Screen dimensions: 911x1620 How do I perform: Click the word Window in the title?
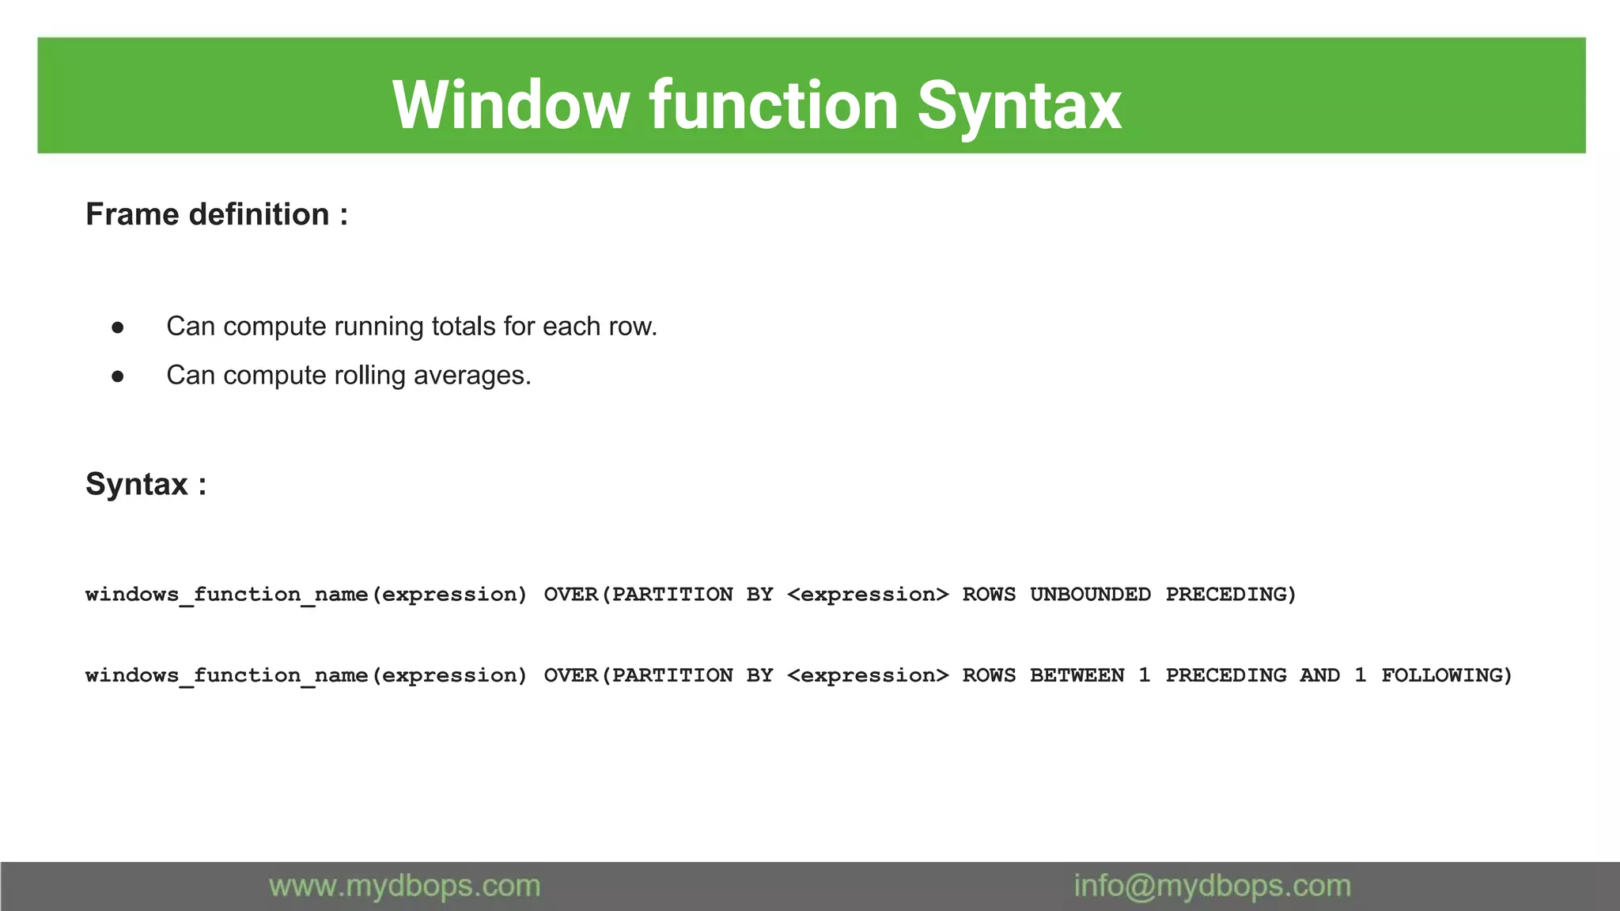tap(510, 105)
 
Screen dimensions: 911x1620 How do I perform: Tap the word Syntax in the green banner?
tap(1019, 105)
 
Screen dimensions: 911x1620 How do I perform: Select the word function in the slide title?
tap(774, 105)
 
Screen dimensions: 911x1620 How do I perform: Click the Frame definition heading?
tap(216, 214)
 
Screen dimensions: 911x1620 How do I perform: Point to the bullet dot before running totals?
tap(118, 327)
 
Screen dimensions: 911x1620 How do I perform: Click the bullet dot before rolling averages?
tap(118, 376)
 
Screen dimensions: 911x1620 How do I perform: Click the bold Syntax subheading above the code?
tap(146, 484)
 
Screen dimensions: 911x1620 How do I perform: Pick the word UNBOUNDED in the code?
tap(1090, 595)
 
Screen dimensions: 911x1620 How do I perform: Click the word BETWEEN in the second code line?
tap(1077, 675)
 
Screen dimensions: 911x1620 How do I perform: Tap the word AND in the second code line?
tap(1319, 675)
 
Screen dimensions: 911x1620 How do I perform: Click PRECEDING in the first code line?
tap(1231, 595)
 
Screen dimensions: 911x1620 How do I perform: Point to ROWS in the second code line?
tap(989, 675)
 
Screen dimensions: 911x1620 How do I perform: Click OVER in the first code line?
tap(570, 595)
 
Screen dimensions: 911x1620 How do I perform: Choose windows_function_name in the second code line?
tap(227, 675)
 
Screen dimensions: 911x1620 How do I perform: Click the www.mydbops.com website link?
tap(404, 886)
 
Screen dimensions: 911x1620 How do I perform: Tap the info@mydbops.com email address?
tap(1212, 886)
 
